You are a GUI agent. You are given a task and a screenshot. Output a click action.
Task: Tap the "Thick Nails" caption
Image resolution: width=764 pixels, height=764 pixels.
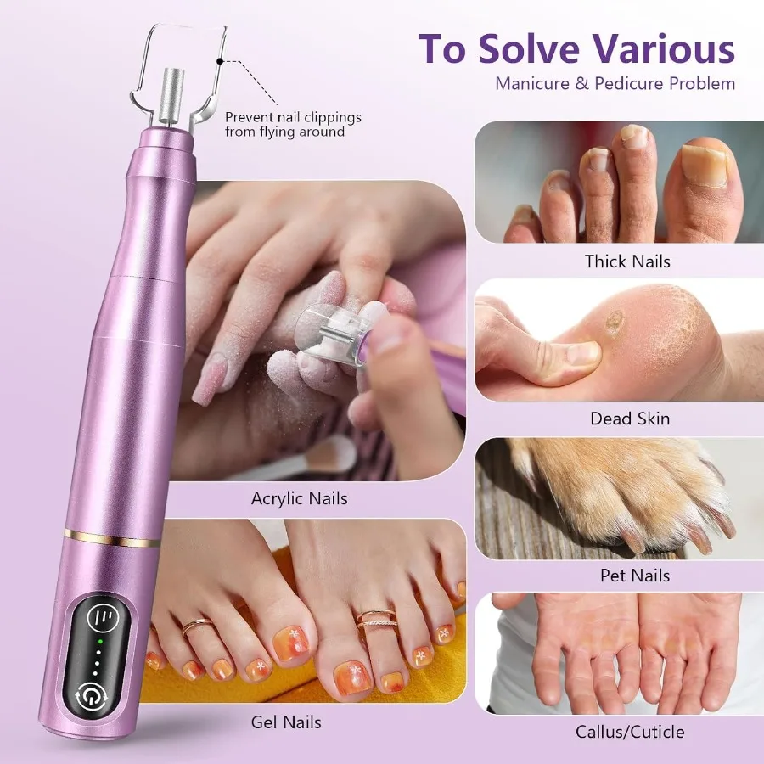[x=627, y=261]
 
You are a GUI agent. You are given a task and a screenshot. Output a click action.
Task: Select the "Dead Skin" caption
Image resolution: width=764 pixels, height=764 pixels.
[x=630, y=419]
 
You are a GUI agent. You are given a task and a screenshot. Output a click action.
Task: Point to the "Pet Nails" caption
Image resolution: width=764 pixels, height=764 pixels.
[x=634, y=576]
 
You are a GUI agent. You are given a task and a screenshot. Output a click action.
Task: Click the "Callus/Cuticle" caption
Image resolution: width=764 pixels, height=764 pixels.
[x=629, y=731]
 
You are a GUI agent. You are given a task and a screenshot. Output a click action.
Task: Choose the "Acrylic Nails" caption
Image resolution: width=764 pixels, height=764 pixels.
[x=299, y=498]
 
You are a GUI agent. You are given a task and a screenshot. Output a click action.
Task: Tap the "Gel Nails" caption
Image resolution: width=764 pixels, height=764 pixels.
[x=286, y=722]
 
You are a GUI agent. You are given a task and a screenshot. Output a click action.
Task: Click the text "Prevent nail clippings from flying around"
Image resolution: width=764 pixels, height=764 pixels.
[x=293, y=125]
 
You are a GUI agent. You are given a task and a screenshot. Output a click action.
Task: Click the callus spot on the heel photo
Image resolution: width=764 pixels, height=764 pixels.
[x=613, y=322]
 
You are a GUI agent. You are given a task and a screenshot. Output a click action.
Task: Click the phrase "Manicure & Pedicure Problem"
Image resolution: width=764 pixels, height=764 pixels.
[x=615, y=83]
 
